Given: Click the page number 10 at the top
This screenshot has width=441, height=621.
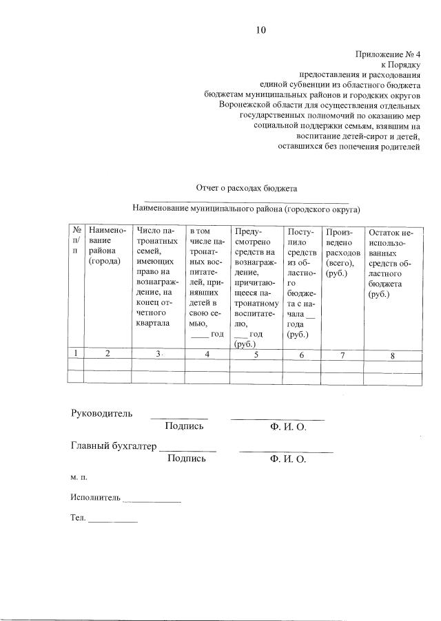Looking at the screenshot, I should click(260, 30).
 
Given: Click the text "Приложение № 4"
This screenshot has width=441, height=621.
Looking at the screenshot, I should click(387, 52).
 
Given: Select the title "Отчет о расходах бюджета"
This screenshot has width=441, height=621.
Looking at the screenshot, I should click(246, 187).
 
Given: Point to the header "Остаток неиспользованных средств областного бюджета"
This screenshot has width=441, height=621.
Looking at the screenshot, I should click(392, 264).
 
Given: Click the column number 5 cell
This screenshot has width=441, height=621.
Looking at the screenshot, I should click(256, 355).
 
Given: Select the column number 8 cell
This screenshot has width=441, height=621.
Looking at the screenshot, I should click(392, 355).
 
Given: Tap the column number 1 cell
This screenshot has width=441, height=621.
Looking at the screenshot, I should click(75, 353).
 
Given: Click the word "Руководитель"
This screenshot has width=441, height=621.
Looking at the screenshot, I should click(101, 413).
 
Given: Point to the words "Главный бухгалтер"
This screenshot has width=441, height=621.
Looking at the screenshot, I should click(114, 445).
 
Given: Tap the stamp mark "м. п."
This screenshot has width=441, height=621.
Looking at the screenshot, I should click(79, 476).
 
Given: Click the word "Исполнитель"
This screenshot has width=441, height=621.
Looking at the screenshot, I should click(95, 497).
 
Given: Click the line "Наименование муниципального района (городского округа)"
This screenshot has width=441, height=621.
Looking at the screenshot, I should click(247, 209).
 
